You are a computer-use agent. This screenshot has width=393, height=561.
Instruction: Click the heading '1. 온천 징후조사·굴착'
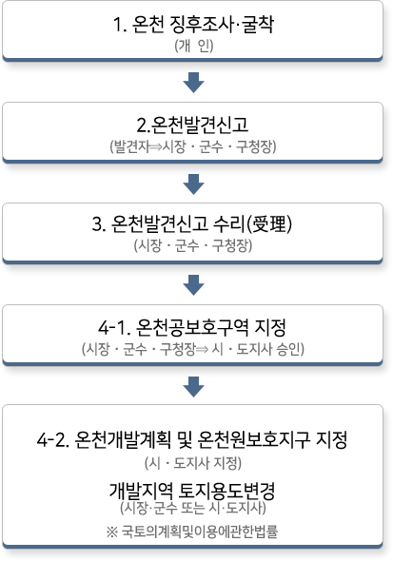pyautogui.click(x=193, y=25)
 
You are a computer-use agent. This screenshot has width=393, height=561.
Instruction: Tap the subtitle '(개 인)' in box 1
pyautogui.click(x=193, y=46)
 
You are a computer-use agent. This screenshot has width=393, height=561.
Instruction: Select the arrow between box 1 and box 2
pyautogui.click(x=193, y=83)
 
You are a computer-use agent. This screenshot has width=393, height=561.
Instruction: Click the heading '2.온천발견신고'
pyautogui.click(x=192, y=125)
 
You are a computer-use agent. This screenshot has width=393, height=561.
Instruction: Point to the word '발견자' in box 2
pyautogui.click(x=131, y=146)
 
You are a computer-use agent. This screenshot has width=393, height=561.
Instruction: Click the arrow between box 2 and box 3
pyautogui.click(x=193, y=184)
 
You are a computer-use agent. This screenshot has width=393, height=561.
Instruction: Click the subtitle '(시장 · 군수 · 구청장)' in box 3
pyautogui.click(x=193, y=245)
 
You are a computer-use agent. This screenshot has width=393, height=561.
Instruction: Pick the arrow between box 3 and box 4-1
pyautogui.click(x=193, y=285)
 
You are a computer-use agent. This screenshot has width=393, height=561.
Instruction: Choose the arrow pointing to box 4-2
pyautogui.click(x=193, y=387)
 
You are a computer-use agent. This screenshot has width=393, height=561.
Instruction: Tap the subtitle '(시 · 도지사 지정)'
pyautogui.click(x=193, y=463)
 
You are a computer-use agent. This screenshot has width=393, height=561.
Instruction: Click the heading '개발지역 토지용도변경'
pyautogui.click(x=192, y=491)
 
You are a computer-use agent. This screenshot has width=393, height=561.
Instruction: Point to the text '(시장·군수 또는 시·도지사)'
pyautogui.click(x=193, y=508)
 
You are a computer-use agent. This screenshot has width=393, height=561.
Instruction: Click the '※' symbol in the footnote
pyautogui.click(x=112, y=532)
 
